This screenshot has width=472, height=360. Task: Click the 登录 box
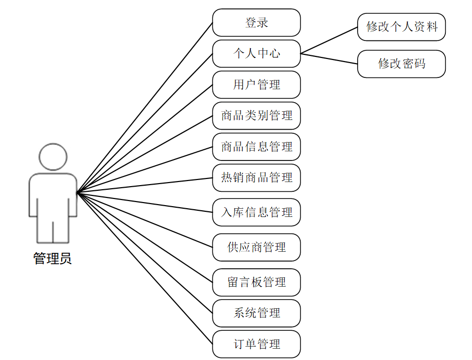[257, 23]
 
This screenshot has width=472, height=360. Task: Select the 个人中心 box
[257, 53]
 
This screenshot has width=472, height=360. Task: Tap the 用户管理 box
[257, 85]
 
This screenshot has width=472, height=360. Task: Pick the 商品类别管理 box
[257, 116]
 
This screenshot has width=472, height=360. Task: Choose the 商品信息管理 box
[257, 147]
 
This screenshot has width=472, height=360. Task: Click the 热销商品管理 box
[257, 178]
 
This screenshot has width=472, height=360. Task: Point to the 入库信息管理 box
[257, 212]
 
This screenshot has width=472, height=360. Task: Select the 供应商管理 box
[257, 247]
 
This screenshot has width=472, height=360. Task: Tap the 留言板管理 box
[257, 282]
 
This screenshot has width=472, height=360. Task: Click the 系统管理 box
[257, 313]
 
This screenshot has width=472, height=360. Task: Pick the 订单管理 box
[257, 344]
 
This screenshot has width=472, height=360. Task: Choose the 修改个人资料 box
[402, 27]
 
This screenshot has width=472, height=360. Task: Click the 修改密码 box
[402, 64]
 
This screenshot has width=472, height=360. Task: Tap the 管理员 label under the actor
[52, 258]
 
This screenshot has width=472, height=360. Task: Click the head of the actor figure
[53, 157]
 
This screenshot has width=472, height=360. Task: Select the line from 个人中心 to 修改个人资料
[329, 40]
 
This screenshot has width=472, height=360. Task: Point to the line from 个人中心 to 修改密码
[329, 58]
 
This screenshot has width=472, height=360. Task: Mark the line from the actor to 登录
[145, 108]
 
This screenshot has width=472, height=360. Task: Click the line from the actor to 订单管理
[145, 268]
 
